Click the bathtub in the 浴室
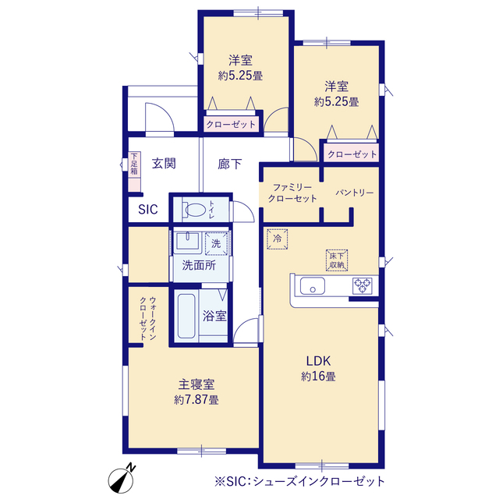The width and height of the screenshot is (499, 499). (186, 317)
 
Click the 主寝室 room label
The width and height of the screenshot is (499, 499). (196, 384)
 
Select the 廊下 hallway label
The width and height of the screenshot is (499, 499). (229, 164)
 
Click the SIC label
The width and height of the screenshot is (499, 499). (148, 209)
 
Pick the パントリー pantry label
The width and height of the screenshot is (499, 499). (355, 192)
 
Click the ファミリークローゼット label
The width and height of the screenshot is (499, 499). (292, 193)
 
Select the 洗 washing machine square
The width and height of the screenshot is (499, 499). (217, 243)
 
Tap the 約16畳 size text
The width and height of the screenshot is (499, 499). (318, 377)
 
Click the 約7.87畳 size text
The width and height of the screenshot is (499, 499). (196, 400)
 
